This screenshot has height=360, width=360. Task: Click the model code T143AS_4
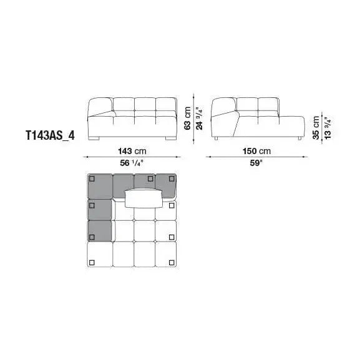coord(50,135)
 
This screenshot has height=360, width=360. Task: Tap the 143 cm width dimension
coord(132,151)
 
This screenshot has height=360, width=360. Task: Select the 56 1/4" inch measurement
coord(132,163)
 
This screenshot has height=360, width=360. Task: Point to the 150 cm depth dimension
coord(256,151)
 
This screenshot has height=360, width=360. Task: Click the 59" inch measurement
coord(256,163)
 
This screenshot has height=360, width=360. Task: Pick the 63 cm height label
coord(188,119)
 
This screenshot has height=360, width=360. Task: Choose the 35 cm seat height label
coord(316,128)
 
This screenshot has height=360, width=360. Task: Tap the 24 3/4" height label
coord(200,119)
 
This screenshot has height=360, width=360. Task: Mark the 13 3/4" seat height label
coord(328,128)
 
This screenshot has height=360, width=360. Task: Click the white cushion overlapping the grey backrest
coord(144,199)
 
